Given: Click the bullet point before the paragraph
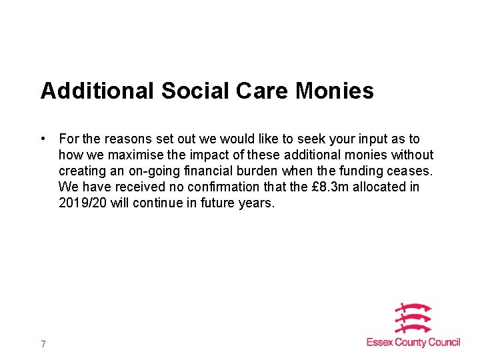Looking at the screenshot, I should click(42, 139).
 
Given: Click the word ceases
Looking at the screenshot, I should click(411, 171).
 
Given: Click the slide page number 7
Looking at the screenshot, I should click(43, 344).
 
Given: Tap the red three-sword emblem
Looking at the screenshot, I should click(414, 319).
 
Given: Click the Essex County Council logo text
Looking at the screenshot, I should click(413, 343).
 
